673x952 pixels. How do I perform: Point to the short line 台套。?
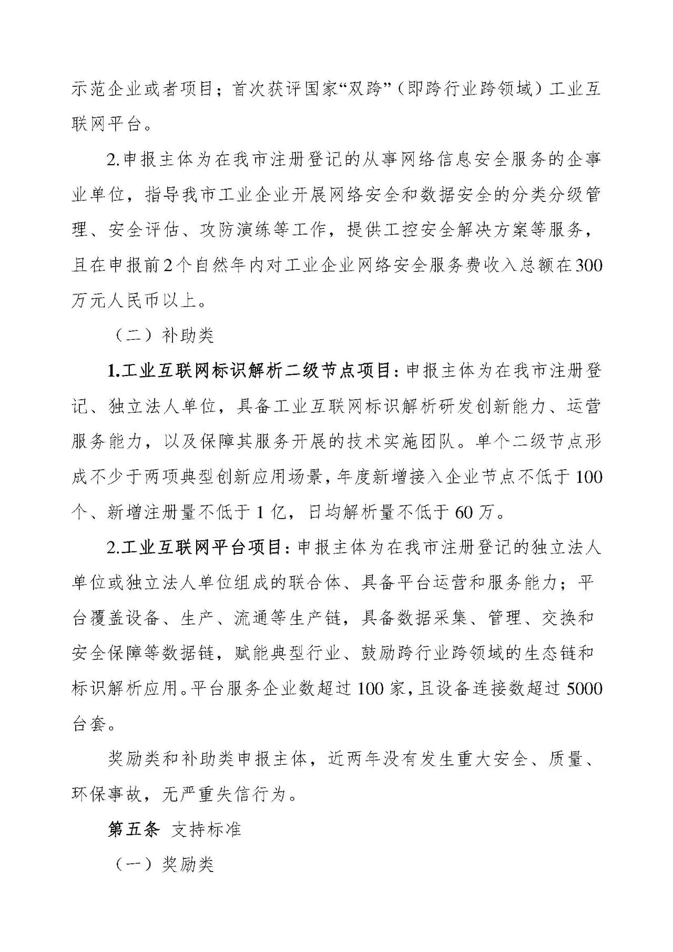93,724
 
